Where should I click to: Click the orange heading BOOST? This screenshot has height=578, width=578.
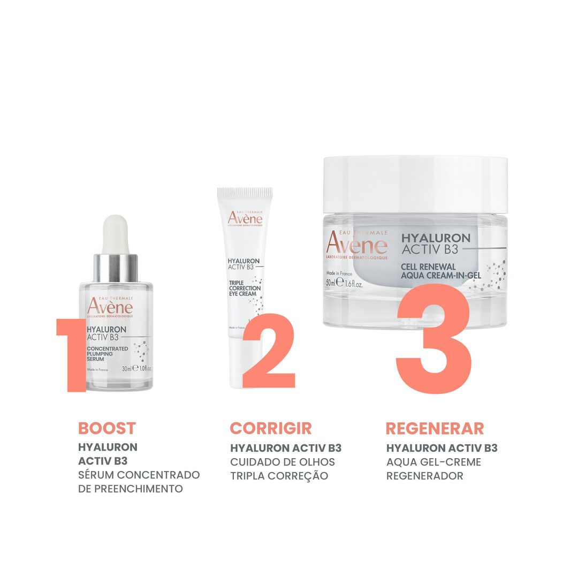point(107,428)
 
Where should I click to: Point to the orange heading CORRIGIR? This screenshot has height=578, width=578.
point(271,428)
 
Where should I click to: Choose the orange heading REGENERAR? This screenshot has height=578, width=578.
point(435,428)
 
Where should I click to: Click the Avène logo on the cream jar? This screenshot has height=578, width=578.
point(356,244)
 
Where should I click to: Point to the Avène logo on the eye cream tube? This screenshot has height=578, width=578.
point(245,218)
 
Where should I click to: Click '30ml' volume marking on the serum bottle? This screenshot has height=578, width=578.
point(126,369)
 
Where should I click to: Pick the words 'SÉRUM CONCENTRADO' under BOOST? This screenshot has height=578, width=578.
point(139,475)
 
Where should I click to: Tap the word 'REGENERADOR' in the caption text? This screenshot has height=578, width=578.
point(425,476)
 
